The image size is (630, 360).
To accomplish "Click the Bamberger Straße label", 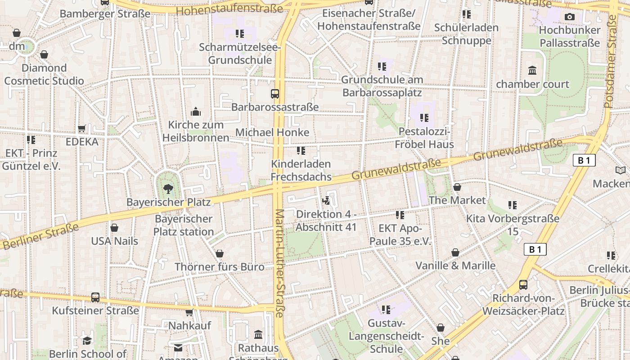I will click(x=105, y=13).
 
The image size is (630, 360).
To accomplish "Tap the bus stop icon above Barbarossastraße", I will click(x=274, y=94).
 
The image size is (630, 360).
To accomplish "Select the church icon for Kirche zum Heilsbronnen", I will click(x=196, y=111).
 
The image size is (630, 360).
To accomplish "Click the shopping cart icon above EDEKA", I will click(x=82, y=129).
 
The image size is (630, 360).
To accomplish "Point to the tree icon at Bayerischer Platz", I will click(x=168, y=189).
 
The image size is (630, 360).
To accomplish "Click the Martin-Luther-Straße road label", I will click(x=280, y=263).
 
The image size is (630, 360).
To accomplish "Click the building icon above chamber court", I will click(x=532, y=71).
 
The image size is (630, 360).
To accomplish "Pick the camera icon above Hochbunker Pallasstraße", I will click(x=569, y=17).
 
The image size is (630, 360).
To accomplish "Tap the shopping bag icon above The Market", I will click(x=457, y=187).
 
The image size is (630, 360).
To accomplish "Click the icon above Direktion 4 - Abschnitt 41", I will click(x=326, y=200).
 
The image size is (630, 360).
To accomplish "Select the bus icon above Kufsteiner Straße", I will click(x=95, y=297).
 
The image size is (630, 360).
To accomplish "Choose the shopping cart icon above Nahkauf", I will click(x=189, y=312).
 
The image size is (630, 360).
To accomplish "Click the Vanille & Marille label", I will click(x=455, y=265).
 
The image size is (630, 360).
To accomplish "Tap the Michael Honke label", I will click(x=272, y=132).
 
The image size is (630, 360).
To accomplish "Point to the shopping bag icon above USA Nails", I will click(x=114, y=228).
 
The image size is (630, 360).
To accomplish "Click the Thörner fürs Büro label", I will click(x=219, y=267).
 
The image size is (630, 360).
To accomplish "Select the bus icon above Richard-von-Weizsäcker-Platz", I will click(x=523, y=284).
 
